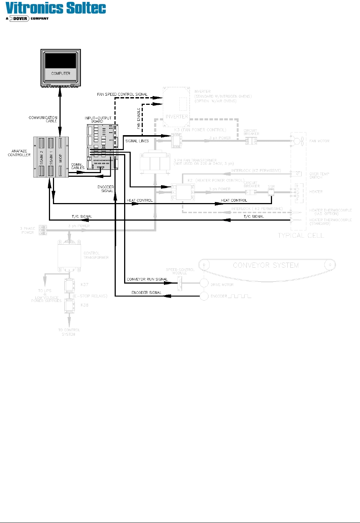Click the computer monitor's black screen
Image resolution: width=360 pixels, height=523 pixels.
[60, 60]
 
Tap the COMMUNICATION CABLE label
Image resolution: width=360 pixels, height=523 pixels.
[43, 119]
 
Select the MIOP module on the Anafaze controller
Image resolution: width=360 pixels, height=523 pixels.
[61, 157]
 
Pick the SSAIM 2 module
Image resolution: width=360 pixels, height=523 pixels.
[41, 157]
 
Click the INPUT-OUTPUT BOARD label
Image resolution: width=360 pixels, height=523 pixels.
[98, 119]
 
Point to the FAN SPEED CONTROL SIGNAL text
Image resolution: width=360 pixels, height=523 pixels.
[122, 94]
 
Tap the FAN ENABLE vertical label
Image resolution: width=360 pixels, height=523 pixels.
[138, 118]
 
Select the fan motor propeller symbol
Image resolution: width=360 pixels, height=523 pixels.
[296, 141]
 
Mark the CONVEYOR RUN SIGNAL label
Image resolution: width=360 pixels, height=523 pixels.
[147, 279]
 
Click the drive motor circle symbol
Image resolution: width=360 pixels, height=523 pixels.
[204, 283]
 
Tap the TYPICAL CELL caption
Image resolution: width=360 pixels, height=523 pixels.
[300, 236]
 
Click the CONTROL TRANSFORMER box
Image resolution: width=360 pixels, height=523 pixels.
[69, 256]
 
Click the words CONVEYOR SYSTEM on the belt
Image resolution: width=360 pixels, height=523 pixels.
[265, 266]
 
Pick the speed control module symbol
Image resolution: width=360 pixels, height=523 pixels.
[180, 283]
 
